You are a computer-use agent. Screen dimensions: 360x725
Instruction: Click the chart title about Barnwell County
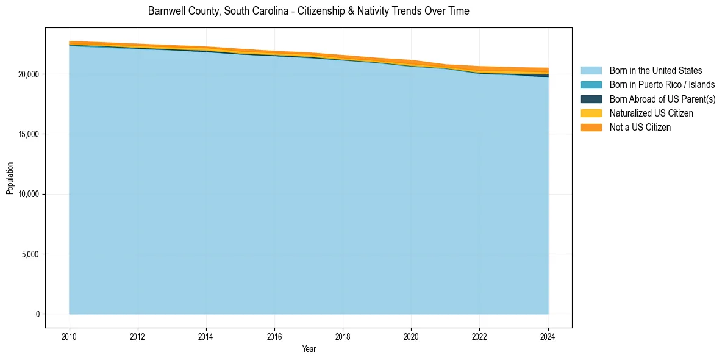(x=309, y=11)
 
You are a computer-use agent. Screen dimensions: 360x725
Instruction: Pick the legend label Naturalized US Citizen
(x=651, y=113)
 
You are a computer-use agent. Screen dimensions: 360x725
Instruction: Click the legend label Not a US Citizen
(x=640, y=128)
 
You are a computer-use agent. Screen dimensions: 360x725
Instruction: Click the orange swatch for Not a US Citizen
(x=591, y=128)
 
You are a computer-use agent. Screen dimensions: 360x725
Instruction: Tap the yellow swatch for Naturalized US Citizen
(x=591, y=113)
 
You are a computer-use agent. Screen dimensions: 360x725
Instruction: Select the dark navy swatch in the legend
(x=591, y=99)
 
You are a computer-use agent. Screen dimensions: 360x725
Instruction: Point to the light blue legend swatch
(x=591, y=71)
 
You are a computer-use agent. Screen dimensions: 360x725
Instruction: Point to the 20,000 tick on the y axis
(x=29, y=74)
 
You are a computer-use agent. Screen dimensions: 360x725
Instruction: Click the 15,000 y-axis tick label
(x=29, y=134)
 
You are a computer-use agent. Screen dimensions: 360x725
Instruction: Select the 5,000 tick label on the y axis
(x=31, y=254)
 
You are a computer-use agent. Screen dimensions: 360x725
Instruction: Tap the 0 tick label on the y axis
(x=37, y=314)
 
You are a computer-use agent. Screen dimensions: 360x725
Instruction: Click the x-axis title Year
(x=309, y=350)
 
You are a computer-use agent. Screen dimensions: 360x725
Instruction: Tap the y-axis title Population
(x=10, y=178)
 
